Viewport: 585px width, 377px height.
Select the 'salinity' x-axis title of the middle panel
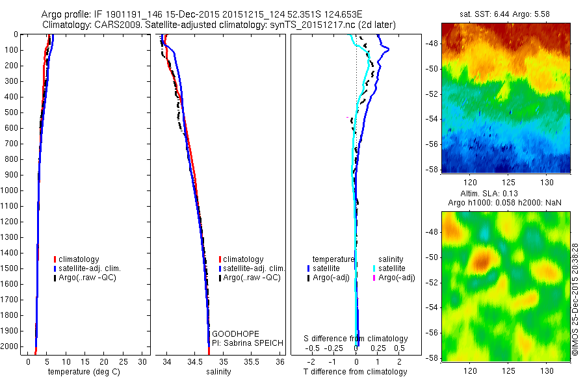coord(218,372)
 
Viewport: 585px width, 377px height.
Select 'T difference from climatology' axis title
coord(355,372)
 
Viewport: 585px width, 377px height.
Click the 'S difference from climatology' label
coord(356,339)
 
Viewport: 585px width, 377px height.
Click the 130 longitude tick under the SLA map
coord(547,371)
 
